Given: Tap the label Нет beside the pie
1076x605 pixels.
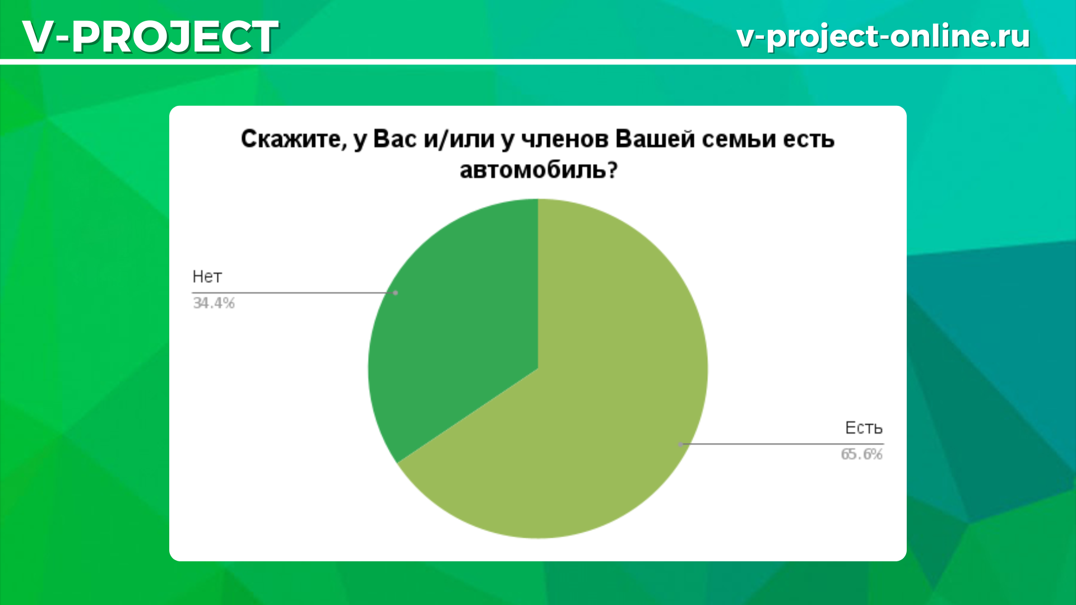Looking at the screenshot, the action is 207,277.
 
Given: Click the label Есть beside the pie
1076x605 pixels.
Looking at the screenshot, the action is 864,428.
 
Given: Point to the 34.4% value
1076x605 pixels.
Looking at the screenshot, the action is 214,303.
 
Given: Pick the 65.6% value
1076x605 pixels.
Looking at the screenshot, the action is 861,454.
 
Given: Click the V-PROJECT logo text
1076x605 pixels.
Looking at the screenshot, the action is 150,36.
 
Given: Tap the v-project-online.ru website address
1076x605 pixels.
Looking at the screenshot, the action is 883,36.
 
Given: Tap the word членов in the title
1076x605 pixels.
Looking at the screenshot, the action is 565,139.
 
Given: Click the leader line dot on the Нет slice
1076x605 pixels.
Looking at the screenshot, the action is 396,292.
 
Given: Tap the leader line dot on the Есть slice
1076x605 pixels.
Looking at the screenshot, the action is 680,444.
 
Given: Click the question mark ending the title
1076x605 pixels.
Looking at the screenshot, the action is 612,169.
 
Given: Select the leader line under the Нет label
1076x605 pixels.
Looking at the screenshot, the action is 294,292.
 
